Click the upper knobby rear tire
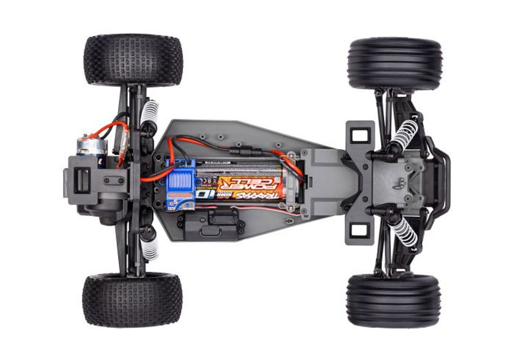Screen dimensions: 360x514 [x=133, y=60]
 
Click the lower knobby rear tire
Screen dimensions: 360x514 [x=132, y=300]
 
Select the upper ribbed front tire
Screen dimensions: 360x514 [x=394, y=63]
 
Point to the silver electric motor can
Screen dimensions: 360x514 [x=90, y=147]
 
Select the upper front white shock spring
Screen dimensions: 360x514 [x=405, y=134]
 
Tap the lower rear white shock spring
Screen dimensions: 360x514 [x=150, y=248]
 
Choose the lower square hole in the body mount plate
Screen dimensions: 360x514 [x=359, y=230]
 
